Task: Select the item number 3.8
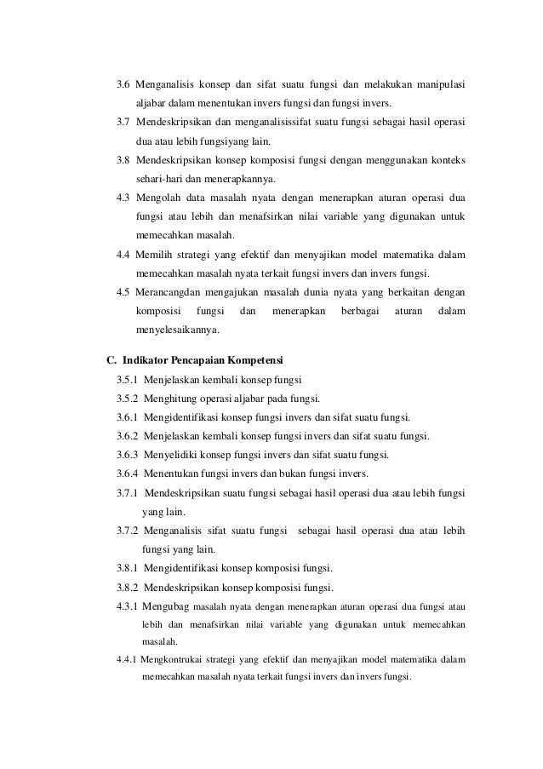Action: coord(123,160)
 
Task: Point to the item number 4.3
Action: coord(123,198)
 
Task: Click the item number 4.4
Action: coord(123,255)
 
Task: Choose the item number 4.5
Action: coord(123,293)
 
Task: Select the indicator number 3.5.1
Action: coord(128,379)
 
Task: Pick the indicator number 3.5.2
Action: coord(128,398)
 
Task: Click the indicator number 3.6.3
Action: coord(128,455)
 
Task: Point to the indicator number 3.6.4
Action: coord(128,473)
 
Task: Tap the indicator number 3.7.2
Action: coord(128,531)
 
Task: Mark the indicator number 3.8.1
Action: coord(128,568)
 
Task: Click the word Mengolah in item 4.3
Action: coord(157,198)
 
